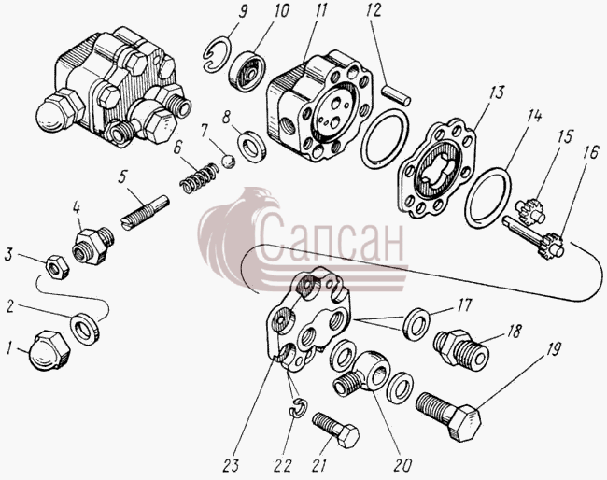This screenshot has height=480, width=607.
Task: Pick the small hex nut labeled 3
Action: coord(57,267)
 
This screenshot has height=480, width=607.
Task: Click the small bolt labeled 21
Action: coord(335,429)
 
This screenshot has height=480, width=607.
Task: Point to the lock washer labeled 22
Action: coord(298,408)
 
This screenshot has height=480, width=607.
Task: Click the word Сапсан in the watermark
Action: coord(332,238)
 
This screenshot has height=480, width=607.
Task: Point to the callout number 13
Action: coord(496,93)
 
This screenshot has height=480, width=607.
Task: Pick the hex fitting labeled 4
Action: coord(92,245)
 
